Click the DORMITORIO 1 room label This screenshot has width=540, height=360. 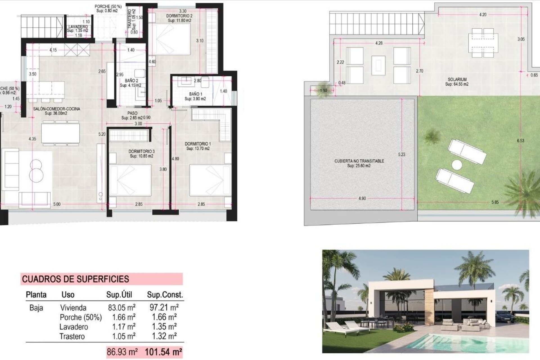(198, 144)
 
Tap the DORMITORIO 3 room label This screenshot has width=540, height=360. (141, 151)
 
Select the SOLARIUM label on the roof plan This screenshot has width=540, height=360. (457, 80)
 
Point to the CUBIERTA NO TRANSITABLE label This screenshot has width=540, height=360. (359, 161)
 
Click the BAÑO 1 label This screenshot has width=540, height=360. (195, 94)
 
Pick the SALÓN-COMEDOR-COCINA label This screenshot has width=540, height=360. (57, 109)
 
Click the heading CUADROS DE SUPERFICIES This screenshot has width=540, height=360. (75, 279)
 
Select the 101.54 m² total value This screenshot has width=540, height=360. (163, 352)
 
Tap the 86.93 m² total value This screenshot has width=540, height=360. (122, 352)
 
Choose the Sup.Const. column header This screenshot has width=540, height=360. (165, 295)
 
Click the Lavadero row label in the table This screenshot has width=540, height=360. (73, 327)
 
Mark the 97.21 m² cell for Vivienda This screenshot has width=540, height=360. (164, 307)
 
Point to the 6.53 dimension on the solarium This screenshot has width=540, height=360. (520, 141)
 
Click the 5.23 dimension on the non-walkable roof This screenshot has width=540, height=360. (402, 154)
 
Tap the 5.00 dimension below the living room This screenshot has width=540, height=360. (57, 204)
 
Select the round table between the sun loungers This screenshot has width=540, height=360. (457, 165)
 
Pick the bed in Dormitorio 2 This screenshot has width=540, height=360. (170, 39)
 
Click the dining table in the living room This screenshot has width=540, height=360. (60, 133)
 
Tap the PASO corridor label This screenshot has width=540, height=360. (132, 113)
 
